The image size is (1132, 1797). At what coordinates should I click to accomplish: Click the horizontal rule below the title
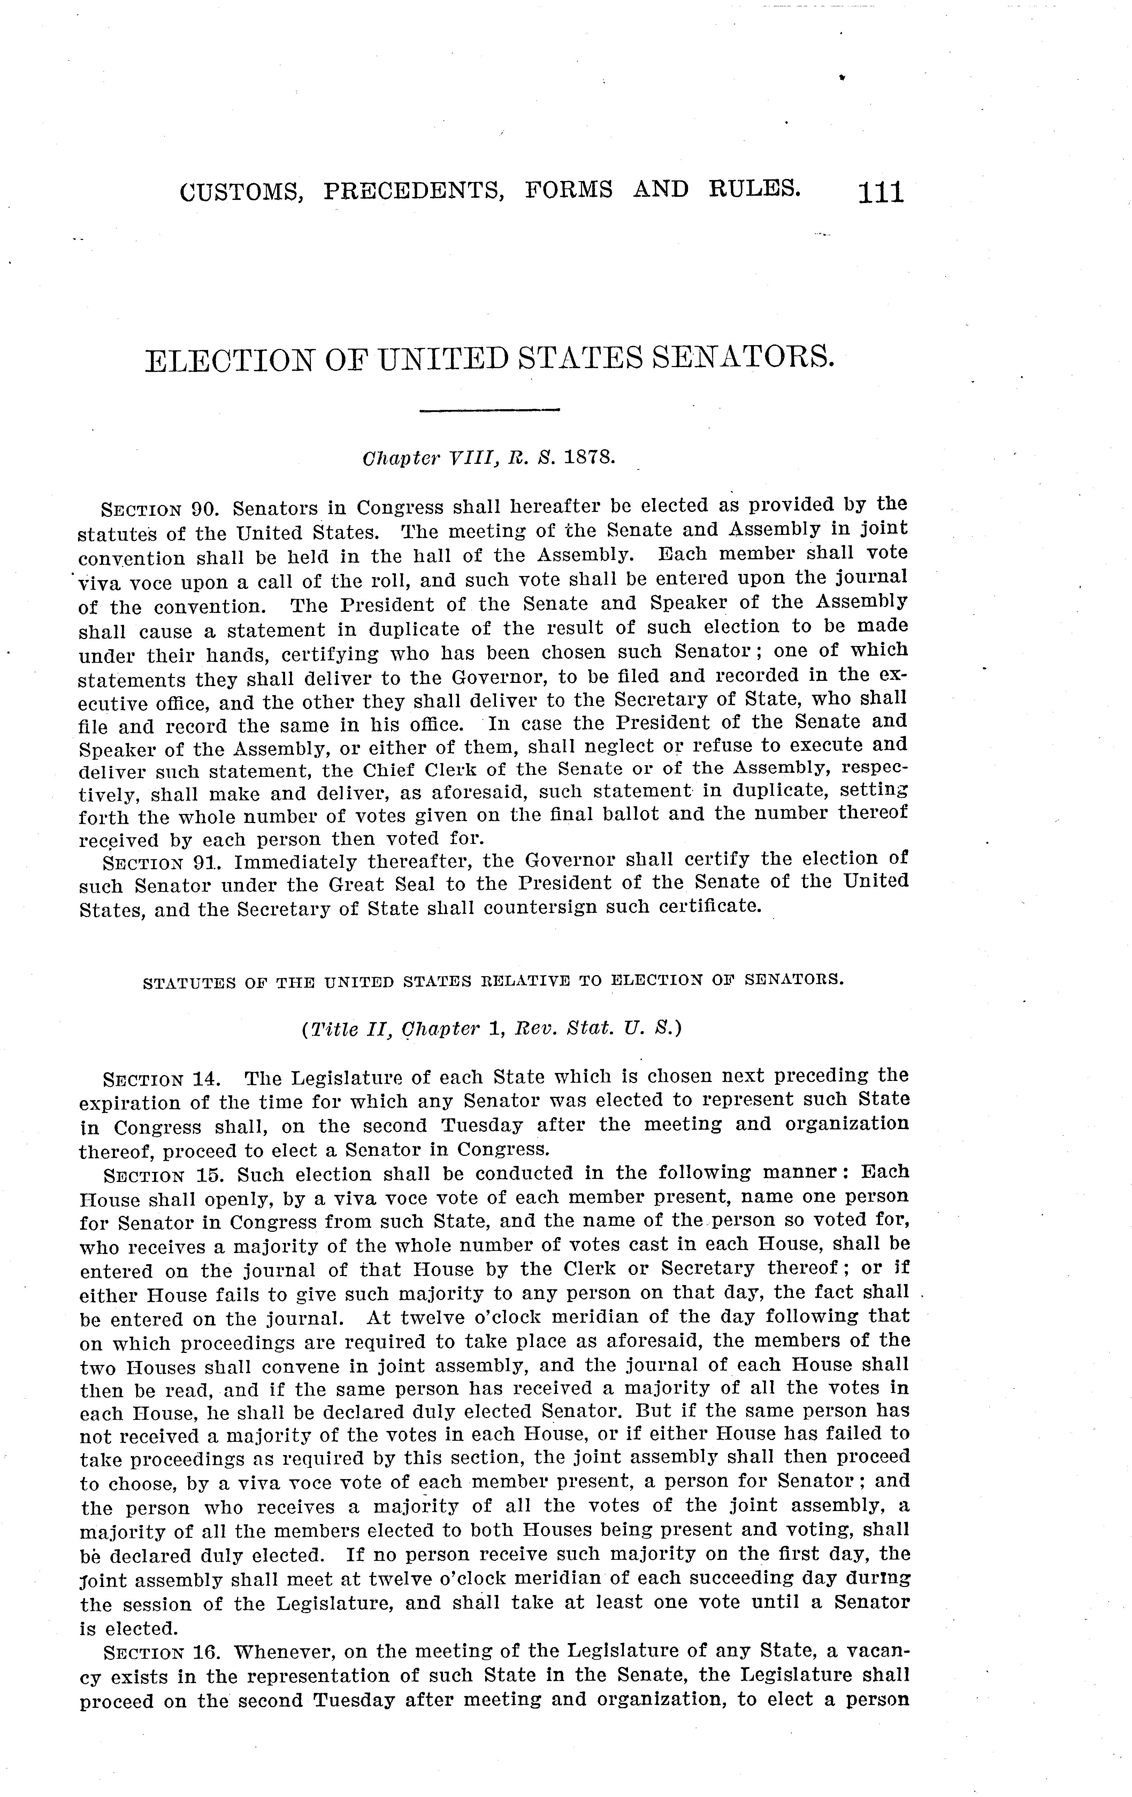(490, 410)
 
